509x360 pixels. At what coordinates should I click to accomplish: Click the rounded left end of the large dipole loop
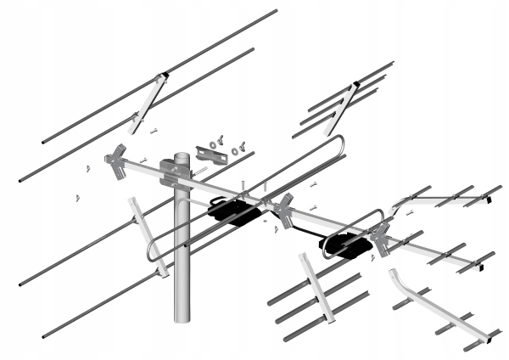click(x=150, y=252)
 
